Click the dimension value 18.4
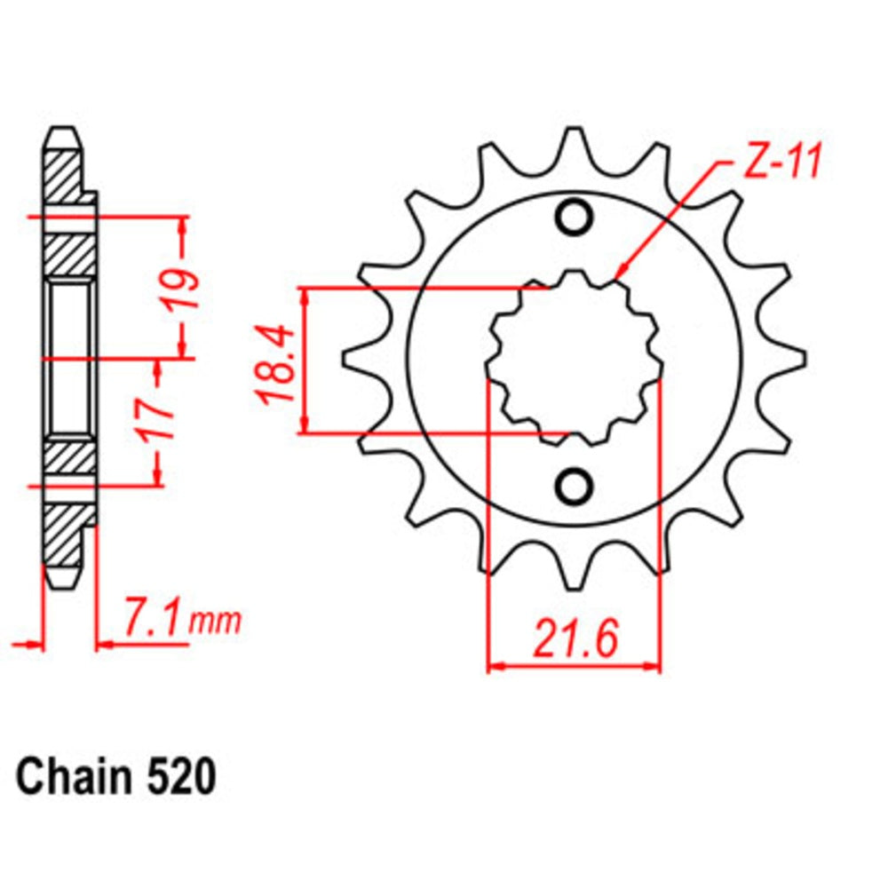[276, 364]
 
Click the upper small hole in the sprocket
[574, 217]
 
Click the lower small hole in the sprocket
[574, 485]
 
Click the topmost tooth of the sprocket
[575, 142]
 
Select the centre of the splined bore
[574, 360]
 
